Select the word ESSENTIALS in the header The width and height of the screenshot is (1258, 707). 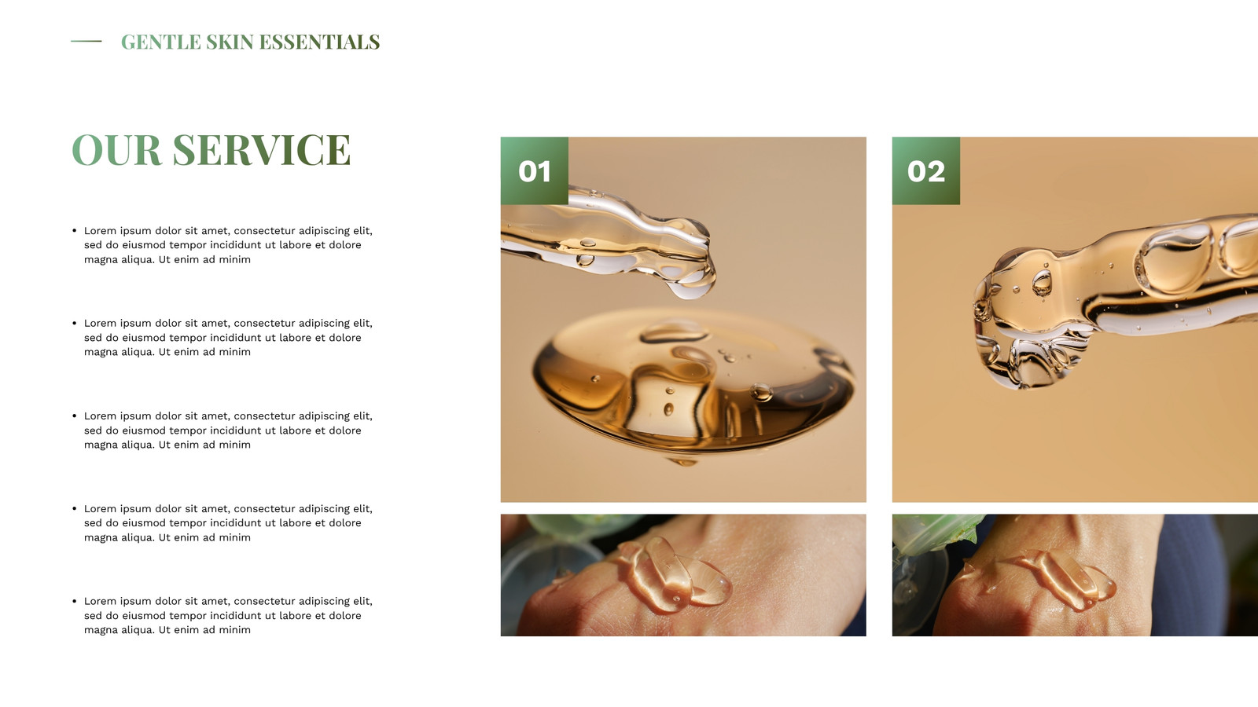tap(319, 42)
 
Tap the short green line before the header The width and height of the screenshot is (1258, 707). tap(86, 41)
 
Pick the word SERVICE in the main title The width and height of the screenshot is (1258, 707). tap(262, 150)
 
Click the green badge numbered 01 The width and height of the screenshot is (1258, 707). tap(534, 170)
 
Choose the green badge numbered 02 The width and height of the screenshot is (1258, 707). tap(925, 170)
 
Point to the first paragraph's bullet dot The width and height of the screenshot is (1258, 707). tap(74, 230)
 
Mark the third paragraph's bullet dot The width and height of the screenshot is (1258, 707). tap(74, 416)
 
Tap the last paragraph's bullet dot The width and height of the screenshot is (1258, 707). tap(74, 601)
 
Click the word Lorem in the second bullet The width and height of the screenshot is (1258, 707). tap(100, 323)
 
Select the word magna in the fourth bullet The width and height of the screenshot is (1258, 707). tap(101, 537)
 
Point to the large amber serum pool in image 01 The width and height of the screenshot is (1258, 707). tap(693, 382)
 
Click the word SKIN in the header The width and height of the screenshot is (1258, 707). tap(230, 42)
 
